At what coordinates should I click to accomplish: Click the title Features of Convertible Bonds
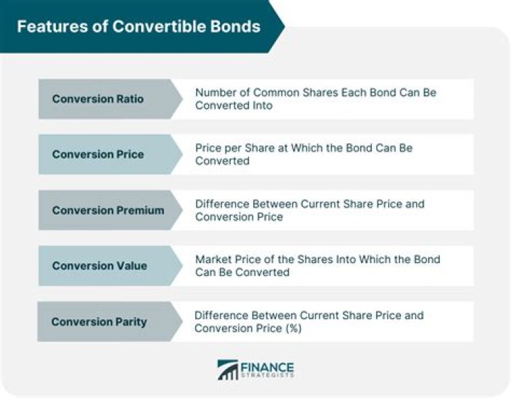point(138,27)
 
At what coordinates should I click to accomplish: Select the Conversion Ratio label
point(97,99)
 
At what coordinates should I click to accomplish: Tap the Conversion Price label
point(97,155)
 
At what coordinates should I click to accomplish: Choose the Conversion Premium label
point(108,210)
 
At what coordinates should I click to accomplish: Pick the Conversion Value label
point(99,266)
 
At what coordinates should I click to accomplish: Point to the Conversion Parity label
point(99,321)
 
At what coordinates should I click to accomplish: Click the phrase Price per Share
point(233,148)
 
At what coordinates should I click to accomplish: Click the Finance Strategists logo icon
point(228,370)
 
